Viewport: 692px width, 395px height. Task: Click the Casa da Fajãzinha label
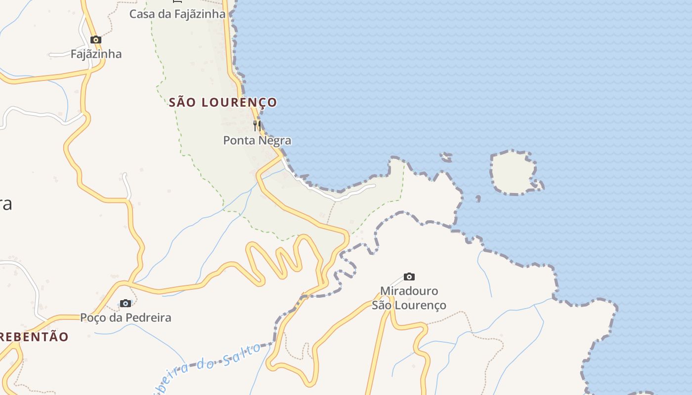pyautogui.click(x=177, y=14)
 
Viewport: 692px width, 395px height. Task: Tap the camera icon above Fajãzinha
pyautogui.click(x=96, y=40)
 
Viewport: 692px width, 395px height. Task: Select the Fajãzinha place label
pyautogui.click(x=96, y=54)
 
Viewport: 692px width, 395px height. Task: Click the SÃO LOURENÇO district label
pyautogui.click(x=223, y=103)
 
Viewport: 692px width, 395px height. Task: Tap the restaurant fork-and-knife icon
pyautogui.click(x=257, y=126)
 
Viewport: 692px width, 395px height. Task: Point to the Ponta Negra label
pyautogui.click(x=257, y=141)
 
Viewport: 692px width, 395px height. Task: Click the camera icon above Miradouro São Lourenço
pyautogui.click(x=409, y=277)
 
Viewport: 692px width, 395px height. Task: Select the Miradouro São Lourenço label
pyautogui.click(x=409, y=298)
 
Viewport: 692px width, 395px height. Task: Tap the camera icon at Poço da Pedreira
pyautogui.click(x=126, y=303)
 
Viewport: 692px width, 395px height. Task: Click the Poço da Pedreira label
pyautogui.click(x=126, y=317)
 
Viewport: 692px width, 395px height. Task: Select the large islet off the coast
pyautogui.click(x=513, y=173)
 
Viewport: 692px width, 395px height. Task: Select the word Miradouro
pyautogui.click(x=409, y=291)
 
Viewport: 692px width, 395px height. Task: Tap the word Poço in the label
pyautogui.click(x=93, y=317)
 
